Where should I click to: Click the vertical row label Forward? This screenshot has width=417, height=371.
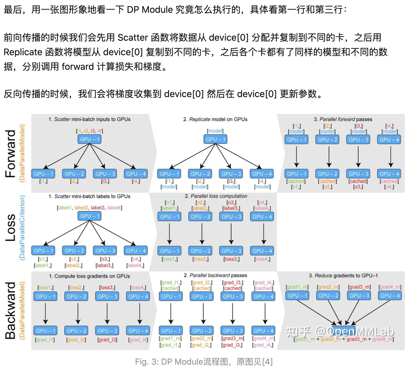(x=10, y=154)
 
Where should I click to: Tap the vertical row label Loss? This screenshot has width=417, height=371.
(x=10, y=227)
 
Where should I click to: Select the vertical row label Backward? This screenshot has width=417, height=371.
(x=10, y=311)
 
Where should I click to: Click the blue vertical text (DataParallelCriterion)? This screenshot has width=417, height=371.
(x=22, y=227)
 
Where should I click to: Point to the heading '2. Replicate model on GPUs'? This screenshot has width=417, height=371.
(x=215, y=119)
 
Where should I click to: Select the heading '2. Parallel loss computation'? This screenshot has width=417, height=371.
(x=216, y=196)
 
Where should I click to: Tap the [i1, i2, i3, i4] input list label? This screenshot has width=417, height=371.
(x=89, y=131)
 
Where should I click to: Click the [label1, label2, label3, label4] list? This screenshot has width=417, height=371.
(x=89, y=208)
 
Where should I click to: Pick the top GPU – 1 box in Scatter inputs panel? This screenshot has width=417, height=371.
(x=89, y=139)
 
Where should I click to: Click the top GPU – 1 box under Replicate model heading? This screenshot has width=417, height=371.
(x=215, y=139)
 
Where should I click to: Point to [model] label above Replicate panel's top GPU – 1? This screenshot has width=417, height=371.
(x=215, y=131)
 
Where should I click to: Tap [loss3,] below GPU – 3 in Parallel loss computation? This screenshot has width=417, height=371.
(x=231, y=259)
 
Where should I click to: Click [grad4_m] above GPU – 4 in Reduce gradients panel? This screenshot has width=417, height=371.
(x=390, y=287)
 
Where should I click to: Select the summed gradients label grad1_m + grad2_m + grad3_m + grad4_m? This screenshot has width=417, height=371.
(x=344, y=339)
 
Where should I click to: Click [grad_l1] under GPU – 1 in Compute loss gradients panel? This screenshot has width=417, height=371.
(x=45, y=339)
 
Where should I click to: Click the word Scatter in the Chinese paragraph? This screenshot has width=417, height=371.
(x=133, y=38)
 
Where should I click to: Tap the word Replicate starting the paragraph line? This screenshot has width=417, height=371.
(x=23, y=52)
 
